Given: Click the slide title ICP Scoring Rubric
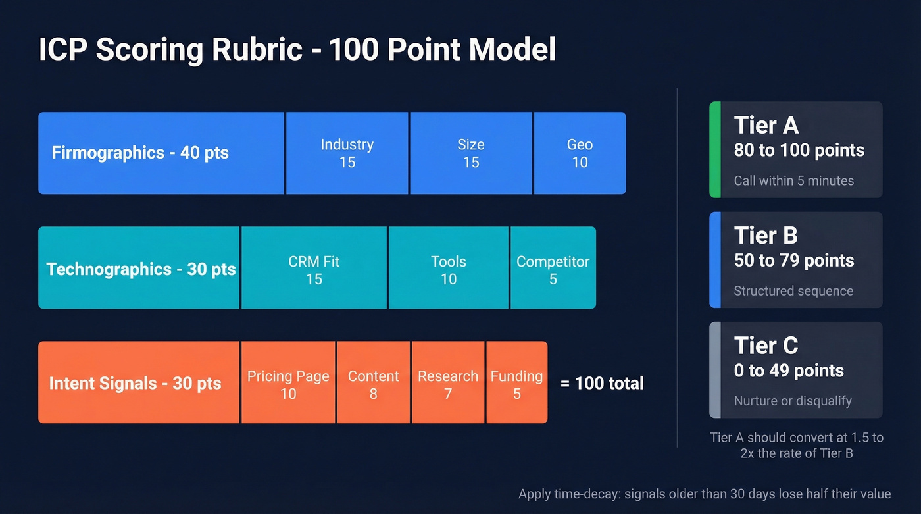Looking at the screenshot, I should click(297, 51).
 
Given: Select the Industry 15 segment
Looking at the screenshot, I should click(347, 153).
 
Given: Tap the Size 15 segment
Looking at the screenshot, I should click(471, 153).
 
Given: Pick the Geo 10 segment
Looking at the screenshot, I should click(580, 153).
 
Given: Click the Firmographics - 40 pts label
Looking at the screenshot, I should click(140, 153).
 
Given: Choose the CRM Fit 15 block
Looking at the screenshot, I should click(314, 270).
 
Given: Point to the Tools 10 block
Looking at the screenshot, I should click(449, 270).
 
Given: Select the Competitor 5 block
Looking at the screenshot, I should click(553, 270).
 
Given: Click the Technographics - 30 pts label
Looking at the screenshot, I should click(141, 269).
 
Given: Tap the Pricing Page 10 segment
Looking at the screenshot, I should click(288, 384).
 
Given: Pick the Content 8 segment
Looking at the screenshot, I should click(373, 384).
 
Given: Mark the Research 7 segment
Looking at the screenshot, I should click(448, 384).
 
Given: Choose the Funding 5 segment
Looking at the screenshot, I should click(516, 384).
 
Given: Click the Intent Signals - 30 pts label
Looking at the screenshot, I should click(135, 384).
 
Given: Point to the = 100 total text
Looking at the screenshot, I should click(601, 383).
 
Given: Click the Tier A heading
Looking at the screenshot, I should click(766, 125).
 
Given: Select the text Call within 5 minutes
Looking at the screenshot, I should click(793, 180).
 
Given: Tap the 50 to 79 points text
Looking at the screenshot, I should click(793, 260).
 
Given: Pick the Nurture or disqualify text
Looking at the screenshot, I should click(792, 401).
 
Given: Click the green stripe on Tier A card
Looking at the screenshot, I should click(714, 149).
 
